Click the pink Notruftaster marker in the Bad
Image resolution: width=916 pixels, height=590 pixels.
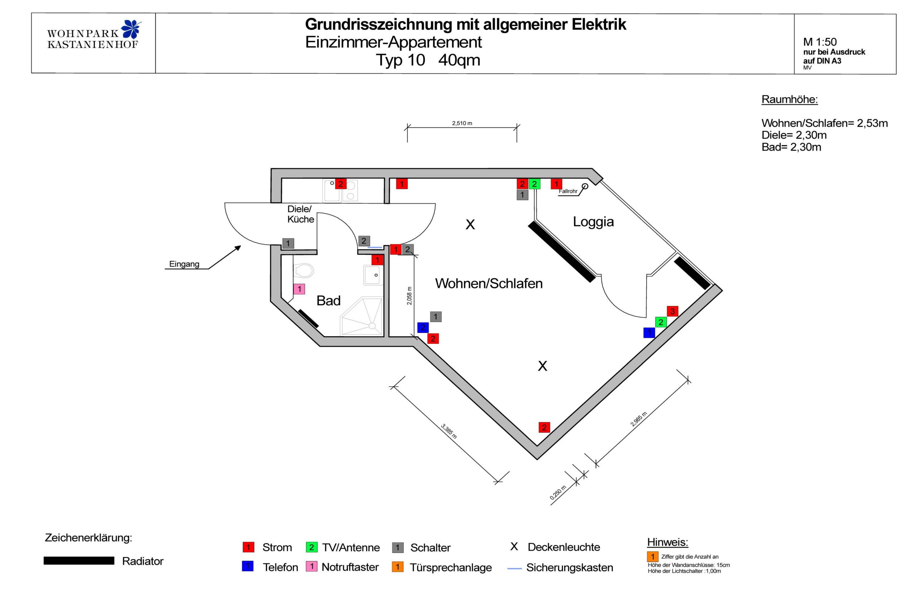coord(299,289)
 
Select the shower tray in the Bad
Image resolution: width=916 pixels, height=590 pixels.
coord(362,316)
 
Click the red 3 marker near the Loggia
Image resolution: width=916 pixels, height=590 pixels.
coord(672,311)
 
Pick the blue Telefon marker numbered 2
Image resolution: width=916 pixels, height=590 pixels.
coord(423,328)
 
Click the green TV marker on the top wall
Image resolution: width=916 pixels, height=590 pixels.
coord(534,184)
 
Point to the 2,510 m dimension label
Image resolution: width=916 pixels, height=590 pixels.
coord(462,124)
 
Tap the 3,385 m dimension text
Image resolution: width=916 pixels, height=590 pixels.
coord(449,431)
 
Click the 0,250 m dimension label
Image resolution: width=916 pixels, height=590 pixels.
coord(558,493)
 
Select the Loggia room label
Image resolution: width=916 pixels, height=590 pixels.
coord(593,222)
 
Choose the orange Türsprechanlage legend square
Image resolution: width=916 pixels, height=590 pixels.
coord(397,567)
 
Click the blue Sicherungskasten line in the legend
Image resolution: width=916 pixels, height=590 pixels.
coord(514,569)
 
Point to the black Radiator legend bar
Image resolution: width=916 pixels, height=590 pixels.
coord(79,561)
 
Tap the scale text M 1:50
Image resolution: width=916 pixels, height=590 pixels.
coord(819,42)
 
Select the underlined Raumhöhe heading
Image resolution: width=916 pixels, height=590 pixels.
coord(789,100)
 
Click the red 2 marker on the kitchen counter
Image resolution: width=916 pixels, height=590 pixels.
coord(340,184)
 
